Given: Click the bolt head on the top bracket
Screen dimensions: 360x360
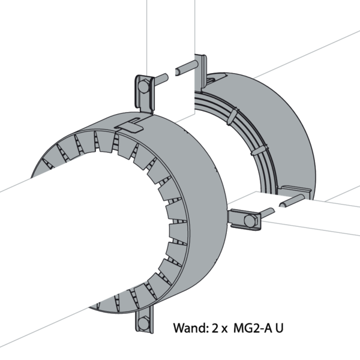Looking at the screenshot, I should click(142, 87).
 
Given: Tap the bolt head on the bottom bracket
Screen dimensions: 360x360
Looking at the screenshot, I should click(143, 323).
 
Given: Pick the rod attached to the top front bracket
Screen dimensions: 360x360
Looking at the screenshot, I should click(158, 78).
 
